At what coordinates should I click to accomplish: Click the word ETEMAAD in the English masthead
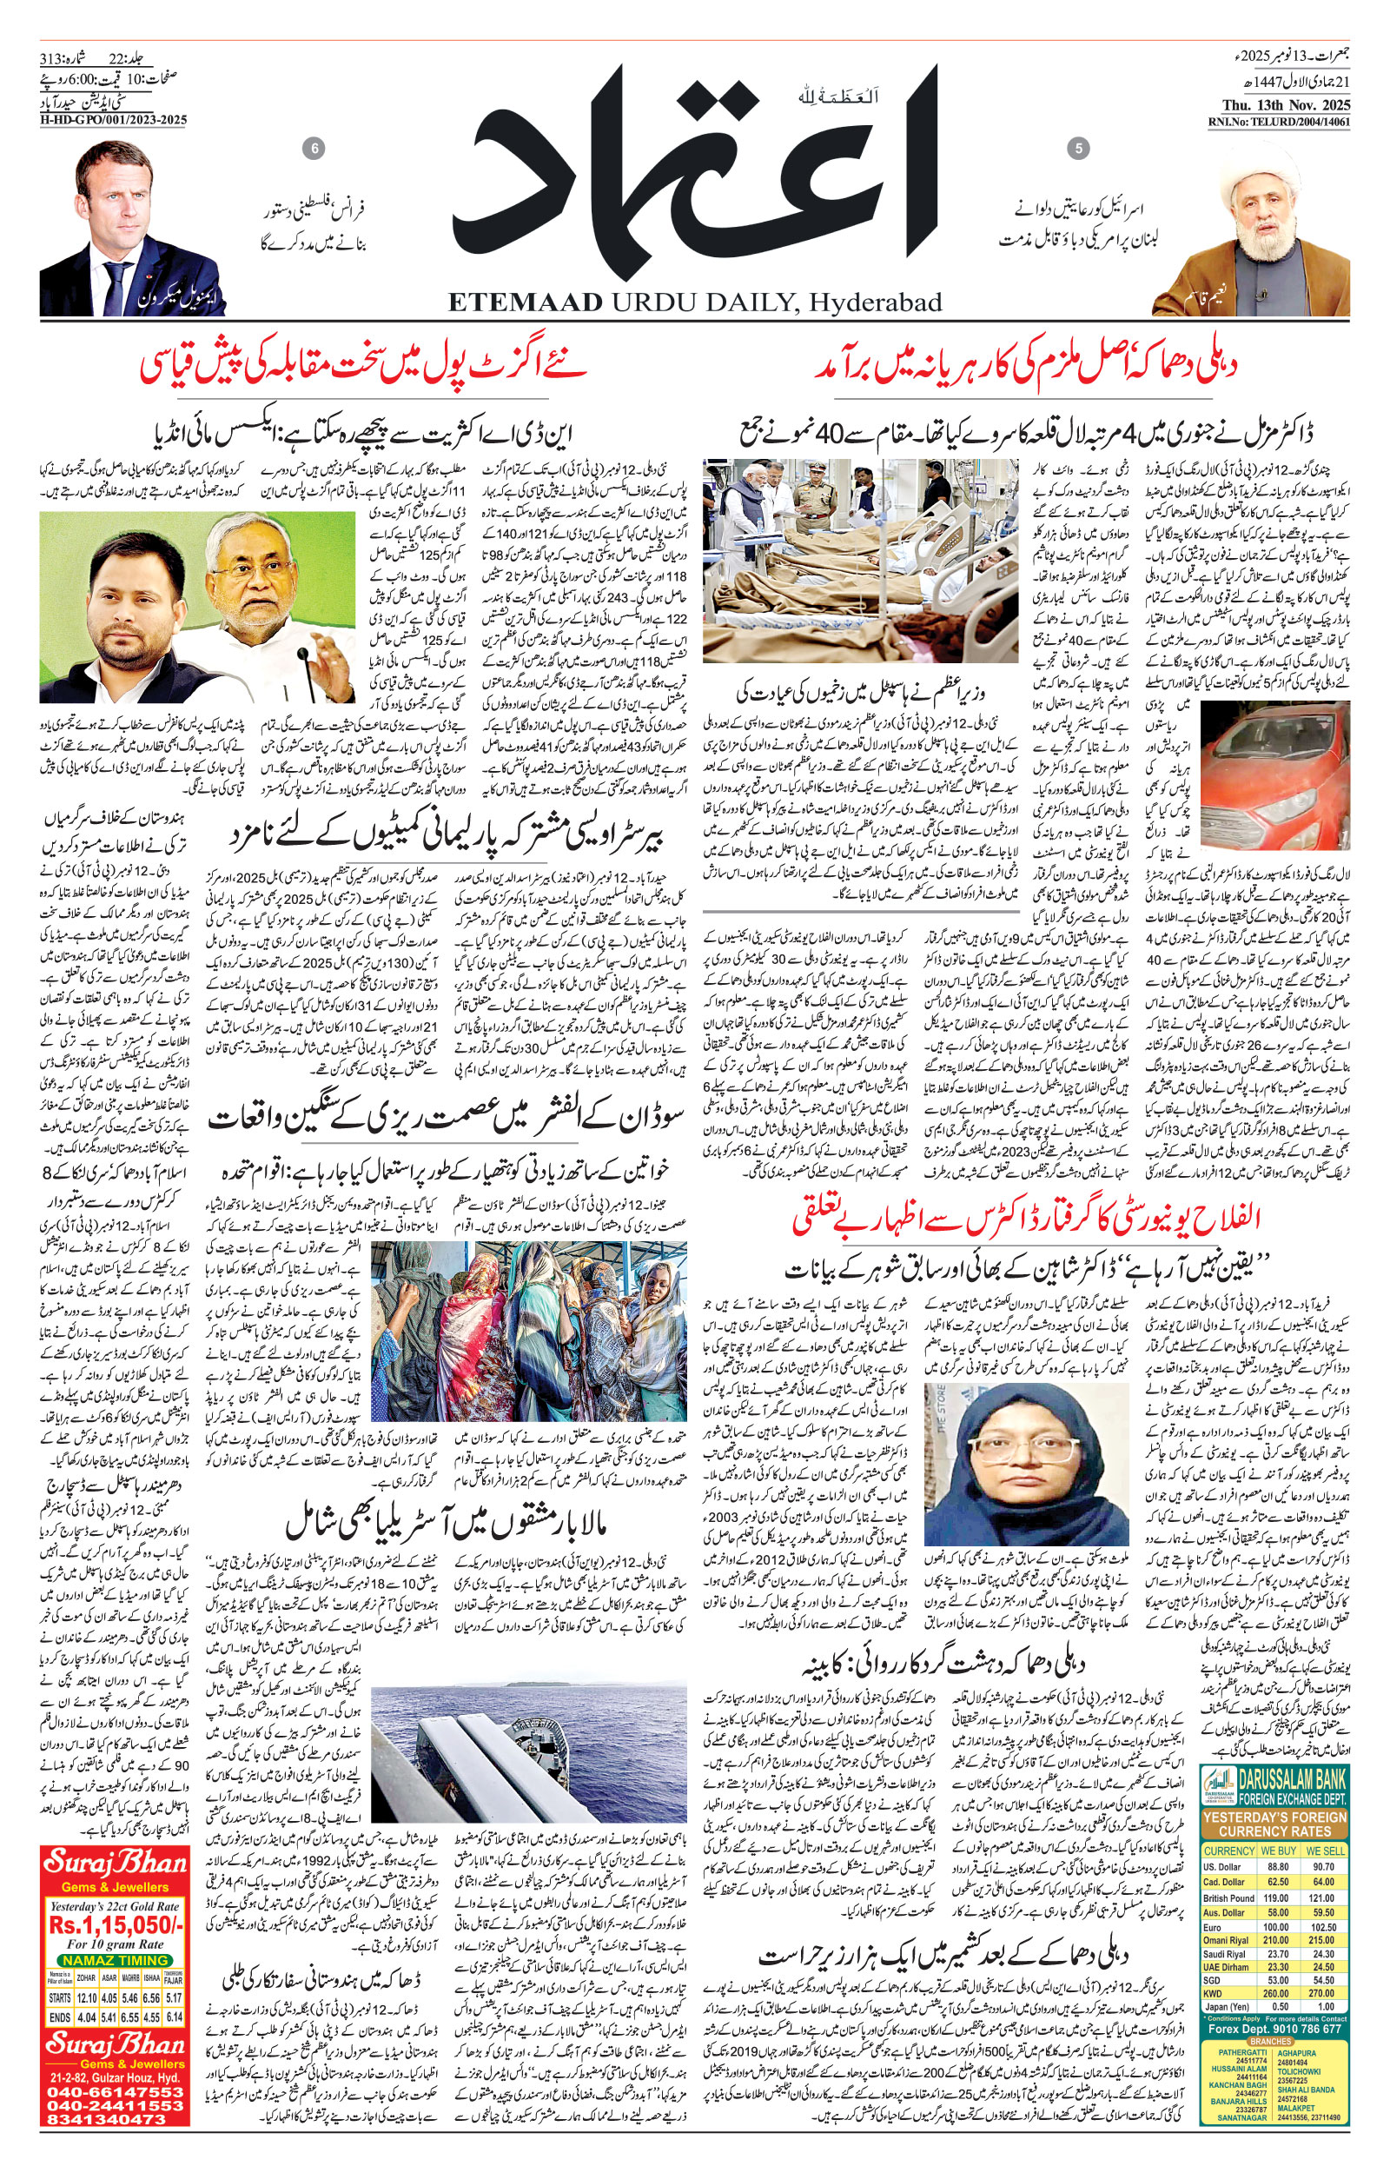point(524,302)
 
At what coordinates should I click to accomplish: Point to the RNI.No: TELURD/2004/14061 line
point(1279,122)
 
